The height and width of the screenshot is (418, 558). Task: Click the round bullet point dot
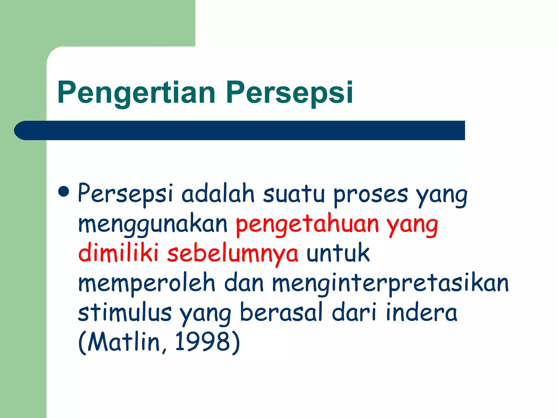pyautogui.click(x=64, y=191)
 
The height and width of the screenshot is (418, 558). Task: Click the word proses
pyautogui.click(x=371, y=194)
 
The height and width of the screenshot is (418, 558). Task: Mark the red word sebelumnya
pyautogui.click(x=233, y=254)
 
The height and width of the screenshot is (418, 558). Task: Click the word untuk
pyautogui.click(x=338, y=253)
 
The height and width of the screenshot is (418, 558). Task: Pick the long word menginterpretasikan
pyautogui.click(x=390, y=283)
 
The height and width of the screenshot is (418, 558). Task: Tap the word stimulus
pyautogui.click(x=125, y=312)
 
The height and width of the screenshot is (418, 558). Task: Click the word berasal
pyautogui.click(x=281, y=312)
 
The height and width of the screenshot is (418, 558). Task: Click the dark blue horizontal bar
pyautogui.click(x=240, y=130)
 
